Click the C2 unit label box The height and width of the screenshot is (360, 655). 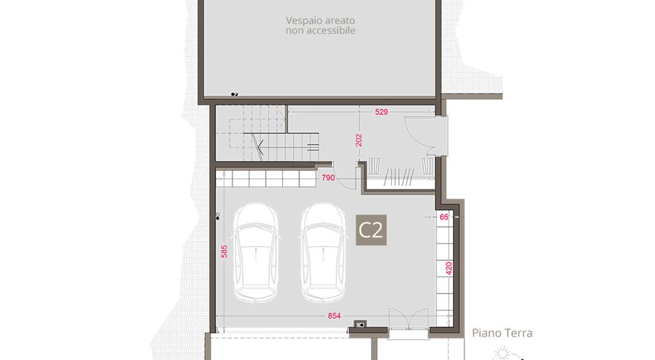tap(371, 230)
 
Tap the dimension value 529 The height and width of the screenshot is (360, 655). tap(381, 112)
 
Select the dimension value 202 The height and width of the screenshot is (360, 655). tap(359, 140)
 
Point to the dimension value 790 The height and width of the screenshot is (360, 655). tap(328, 178)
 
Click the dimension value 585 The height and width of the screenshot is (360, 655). tap(224, 251)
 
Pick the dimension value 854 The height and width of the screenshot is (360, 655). tap(334, 315)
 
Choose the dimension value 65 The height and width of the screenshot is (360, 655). tap(444, 217)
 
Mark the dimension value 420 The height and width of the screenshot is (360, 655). tap(449, 268)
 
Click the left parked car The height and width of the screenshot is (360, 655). tap(256, 253)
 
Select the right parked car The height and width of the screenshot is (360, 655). tap(324, 253)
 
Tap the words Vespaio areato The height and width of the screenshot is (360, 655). tap(320, 20)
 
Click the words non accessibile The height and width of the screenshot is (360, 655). tap(320, 31)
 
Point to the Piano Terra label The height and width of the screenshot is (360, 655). tap(502, 333)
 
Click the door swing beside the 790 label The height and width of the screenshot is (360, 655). tap(345, 175)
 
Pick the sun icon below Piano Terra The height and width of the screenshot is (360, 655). tap(502, 354)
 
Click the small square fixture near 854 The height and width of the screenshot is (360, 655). tap(360, 323)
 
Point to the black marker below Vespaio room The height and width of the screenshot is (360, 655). tap(234, 95)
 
